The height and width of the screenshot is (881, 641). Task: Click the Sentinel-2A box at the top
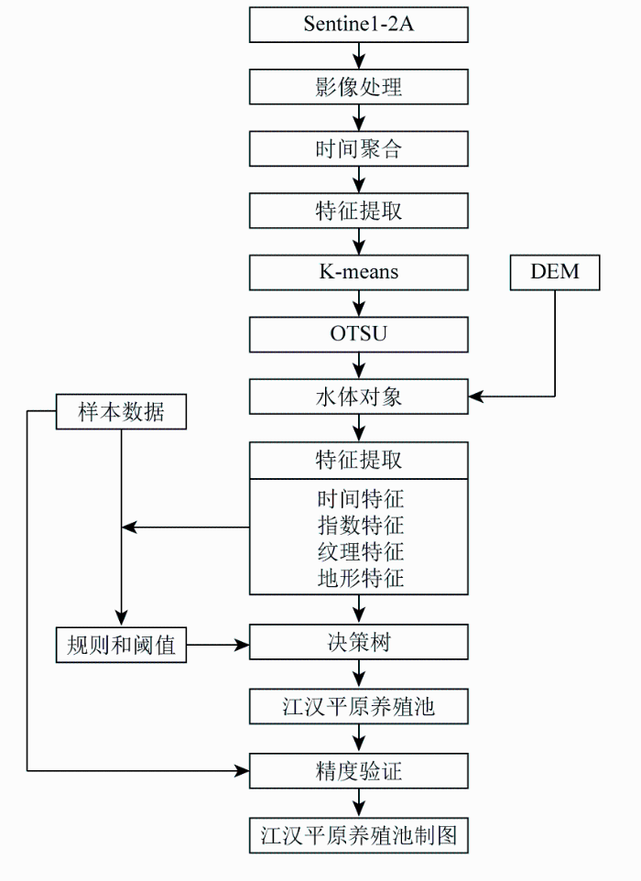tap(359, 25)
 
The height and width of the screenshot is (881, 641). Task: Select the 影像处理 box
tap(359, 87)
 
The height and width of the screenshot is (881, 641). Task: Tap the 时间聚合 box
tap(359, 148)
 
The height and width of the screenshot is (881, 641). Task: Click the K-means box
tap(359, 272)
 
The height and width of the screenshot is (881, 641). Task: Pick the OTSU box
tap(359, 333)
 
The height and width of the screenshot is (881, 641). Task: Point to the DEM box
tap(555, 272)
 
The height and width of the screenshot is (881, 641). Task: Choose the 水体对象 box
tap(359, 397)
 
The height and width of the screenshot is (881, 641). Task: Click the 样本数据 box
tap(122, 411)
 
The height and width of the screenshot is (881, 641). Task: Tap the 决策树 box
tap(359, 642)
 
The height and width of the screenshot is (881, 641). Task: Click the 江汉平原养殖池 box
tap(359, 706)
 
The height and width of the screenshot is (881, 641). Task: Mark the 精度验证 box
tap(359, 771)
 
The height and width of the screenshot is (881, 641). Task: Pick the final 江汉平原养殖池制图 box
tap(359, 835)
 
